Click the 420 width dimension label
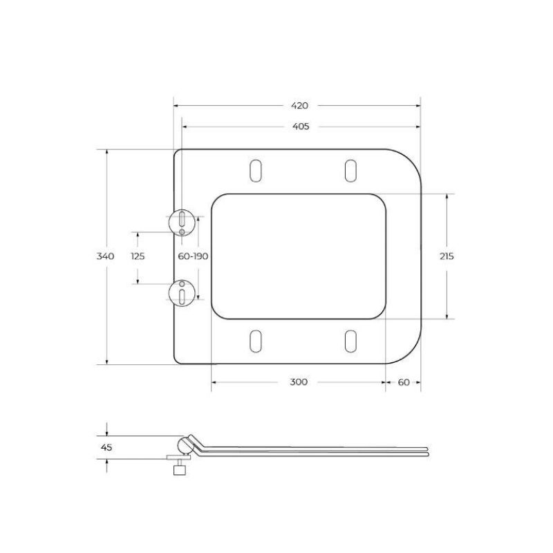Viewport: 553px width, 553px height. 299,106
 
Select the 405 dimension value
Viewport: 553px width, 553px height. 300,126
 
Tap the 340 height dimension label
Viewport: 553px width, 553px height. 105,256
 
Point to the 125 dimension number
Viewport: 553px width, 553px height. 138,256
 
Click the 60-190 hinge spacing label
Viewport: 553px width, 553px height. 193,256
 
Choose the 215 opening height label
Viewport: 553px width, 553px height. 446,256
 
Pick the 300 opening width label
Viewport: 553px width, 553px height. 299,382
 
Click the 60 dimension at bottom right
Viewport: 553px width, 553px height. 404,382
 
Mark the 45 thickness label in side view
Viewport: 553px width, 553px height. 106,447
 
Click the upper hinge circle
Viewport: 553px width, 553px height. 182,221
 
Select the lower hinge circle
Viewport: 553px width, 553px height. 182,292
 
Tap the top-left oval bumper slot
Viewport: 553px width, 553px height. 256,171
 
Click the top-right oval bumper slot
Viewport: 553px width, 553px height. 350,171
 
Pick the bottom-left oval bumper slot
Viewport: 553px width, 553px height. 256,341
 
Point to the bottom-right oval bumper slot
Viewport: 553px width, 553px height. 350,341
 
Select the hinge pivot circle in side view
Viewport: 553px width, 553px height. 185,444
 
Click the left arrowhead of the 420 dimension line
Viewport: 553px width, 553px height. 176,106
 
